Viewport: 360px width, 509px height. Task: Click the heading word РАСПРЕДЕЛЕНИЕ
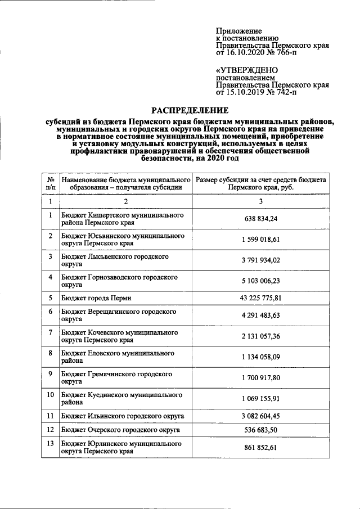pos(190,110)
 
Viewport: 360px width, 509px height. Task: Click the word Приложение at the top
pos(239,31)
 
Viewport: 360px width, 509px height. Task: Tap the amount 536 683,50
pos(260,430)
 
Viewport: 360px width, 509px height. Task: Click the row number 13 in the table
pos(50,444)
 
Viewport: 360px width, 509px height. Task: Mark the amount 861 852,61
pos(260,448)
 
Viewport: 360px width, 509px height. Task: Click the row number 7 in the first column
pos(50,332)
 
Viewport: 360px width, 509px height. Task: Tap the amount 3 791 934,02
pos(260,260)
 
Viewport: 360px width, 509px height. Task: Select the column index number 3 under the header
pos(260,201)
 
